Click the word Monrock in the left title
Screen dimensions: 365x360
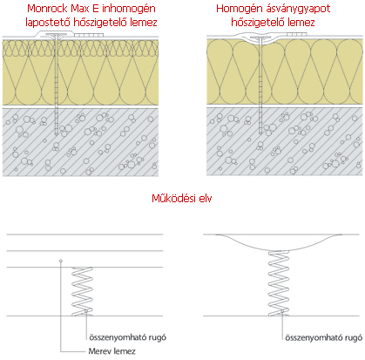[48, 9]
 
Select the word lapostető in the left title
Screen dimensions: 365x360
[48, 23]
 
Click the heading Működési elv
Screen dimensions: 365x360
[182, 199]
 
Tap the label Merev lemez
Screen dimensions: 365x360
[112, 351]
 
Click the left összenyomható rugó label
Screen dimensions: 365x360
[128, 337]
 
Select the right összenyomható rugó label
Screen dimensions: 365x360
[324, 337]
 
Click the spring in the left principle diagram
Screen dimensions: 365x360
[82, 291]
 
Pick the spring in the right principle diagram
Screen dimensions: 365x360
[279, 283]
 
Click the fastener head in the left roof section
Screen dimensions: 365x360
[56, 35]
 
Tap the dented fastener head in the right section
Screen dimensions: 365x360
[260, 38]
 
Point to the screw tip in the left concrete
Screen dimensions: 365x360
[56, 134]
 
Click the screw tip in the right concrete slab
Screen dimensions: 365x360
[260, 133]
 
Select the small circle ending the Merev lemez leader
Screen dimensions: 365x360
[61, 261]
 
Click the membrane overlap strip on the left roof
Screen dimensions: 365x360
[89, 35]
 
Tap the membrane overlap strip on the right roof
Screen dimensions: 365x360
[297, 34]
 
